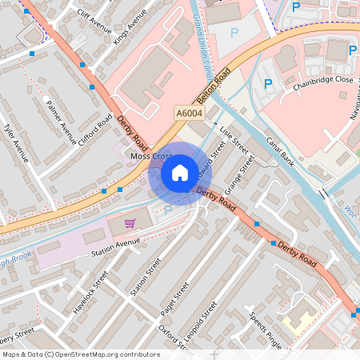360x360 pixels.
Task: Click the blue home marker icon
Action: pyautogui.click(x=180, y=173)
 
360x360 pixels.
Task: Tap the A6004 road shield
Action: pyautogui.click(x=190, y=114)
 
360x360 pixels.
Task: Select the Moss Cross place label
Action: pyautogui.click(x=151, y=157)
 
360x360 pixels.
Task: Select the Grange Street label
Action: pyautogui.click(x=239, y=174)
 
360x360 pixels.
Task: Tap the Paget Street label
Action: pyautogui.click(x=174, y=300)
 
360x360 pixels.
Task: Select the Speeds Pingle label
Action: pyautogui.click(x=266, y=330)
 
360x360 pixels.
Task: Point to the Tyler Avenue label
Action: pyautogui.click(x=16, y=144)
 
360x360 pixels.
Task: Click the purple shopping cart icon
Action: pyautogui.click(x=130, y=222)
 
